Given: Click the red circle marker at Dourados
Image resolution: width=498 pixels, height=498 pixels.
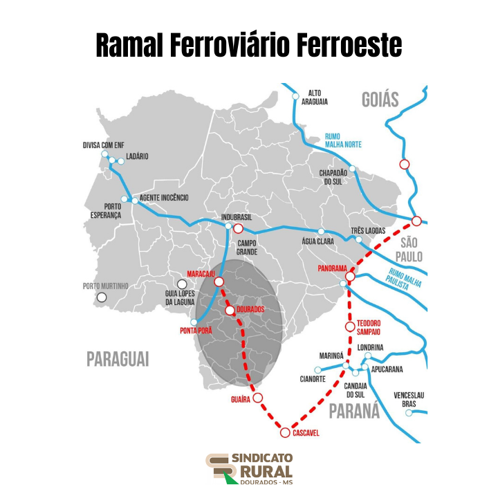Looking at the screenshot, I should pyautogui.click(x=230, y=311).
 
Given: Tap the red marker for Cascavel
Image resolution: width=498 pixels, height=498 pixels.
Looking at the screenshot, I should pyautogui.click(x=285, y=433).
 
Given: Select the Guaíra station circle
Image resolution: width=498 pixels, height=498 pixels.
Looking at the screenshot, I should pyautogui.click(x=258, y=398).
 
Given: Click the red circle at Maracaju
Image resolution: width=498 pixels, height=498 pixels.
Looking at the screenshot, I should pyautogui.click(x=219, y=282).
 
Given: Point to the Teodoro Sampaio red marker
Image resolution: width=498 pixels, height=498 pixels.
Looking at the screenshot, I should pyautogui.click(x=350, y=326).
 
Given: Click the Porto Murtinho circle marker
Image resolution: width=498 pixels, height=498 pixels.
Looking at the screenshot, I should pyautogui.click(x=102, y=297).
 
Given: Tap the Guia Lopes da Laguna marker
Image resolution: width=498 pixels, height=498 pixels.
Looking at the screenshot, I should pyautogui.click(x=182, y=284).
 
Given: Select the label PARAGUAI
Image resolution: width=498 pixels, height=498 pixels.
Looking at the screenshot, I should pyautogui.click(x=118, y=359).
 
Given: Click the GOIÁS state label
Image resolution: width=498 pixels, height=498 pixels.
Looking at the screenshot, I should pyautogui.click(x=380, y=100).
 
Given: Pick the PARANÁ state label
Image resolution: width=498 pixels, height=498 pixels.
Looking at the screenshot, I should pyautogui.click(x=354, y=411).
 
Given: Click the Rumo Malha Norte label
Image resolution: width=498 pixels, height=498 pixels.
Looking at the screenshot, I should pyautogui.click(x=344, y=140).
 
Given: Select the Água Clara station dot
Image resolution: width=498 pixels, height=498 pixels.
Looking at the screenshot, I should pyautogui.click(x=321, y=232).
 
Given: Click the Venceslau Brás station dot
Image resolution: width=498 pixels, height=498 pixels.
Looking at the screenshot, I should pyautogui.click(x=409, y=413).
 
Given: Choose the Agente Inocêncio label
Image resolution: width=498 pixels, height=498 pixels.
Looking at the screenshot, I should pyautogui.click(x=164, y=198).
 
